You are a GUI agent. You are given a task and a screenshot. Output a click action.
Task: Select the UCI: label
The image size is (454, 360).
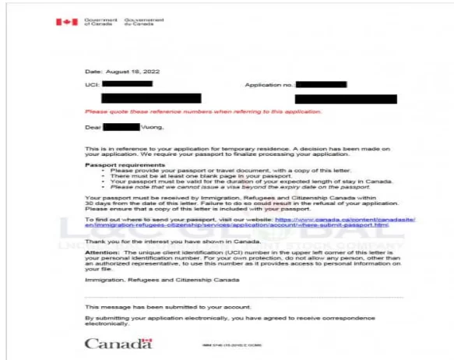tap(90, 83)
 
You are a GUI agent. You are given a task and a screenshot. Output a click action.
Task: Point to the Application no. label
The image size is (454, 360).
tap(269, 83)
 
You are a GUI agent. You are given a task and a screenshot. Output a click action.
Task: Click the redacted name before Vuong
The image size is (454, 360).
tap(121, 126)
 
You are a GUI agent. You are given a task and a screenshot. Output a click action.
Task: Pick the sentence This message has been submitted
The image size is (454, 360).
tap(161, 307)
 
